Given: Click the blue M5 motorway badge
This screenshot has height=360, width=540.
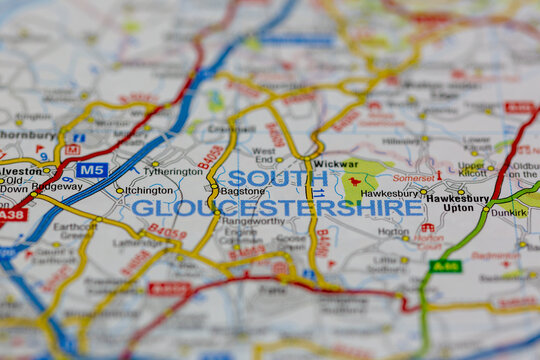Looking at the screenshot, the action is [92, 170].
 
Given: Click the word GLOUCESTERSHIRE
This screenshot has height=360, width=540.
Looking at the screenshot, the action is [277, 207].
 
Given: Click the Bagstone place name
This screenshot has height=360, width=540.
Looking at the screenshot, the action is [243, 190].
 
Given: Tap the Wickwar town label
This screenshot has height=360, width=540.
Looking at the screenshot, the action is [335, 162].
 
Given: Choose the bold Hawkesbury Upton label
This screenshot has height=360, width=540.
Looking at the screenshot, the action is [456, 202].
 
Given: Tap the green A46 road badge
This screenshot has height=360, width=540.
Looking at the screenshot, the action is [445, 266].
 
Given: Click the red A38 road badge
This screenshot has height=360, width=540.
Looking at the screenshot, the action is [12, 215].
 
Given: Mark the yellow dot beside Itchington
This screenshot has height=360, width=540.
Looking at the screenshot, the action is [119, 190].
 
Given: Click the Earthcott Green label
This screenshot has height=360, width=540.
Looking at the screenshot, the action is [75, 231].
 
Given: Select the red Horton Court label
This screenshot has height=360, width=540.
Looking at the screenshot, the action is [428, 238].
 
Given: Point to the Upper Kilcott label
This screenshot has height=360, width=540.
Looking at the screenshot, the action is [472, 167].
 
